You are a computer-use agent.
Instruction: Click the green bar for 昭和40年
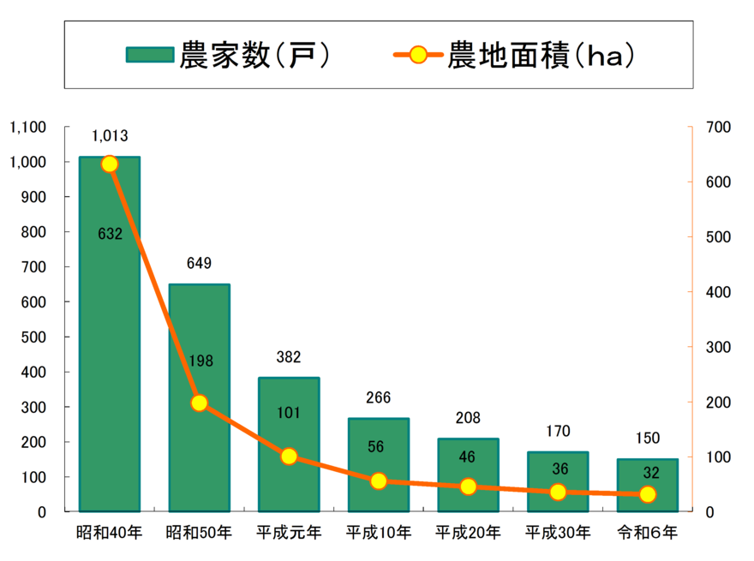tap(110, 334)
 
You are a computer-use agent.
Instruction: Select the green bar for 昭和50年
tap(199, 397)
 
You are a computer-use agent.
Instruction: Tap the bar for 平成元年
tap(289, 445)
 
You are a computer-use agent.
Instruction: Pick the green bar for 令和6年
tap(648, 485)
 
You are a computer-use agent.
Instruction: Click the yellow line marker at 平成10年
tap(379, 481)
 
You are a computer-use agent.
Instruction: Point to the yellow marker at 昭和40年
tap(110, 164)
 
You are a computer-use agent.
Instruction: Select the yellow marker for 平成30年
tap(558, 492)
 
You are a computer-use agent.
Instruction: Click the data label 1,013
tap(110, 136)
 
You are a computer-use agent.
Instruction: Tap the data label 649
tap(199, 263)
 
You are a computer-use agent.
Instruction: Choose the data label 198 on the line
tap(199, 361)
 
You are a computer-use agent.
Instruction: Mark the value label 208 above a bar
tap(468, 418)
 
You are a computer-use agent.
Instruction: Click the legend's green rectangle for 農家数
tap(150, 56)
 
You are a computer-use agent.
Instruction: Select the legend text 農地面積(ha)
tap(541, 56)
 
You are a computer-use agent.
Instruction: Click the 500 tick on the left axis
tap(34, 337)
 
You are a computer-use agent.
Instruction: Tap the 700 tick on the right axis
tap(718, 128)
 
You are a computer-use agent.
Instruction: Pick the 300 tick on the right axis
tap(718, 347)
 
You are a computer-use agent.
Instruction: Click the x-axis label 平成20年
tap(468, 533)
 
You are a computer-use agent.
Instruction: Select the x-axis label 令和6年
tap(648, 533)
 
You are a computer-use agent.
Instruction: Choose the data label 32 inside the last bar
tap(650, 472)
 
